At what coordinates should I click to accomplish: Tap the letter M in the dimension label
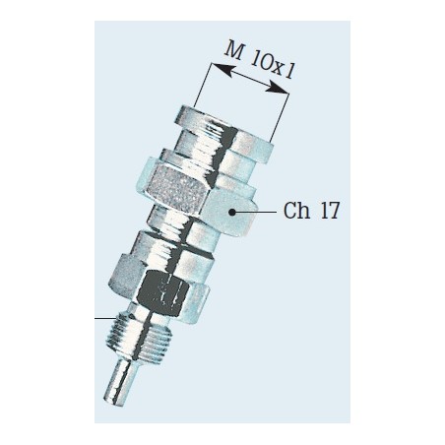tap(234, 51)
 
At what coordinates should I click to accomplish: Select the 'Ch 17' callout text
tap(311, 211)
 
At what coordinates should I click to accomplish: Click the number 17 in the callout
tap(330, 211)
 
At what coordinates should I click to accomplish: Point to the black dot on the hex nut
tap(232, 213)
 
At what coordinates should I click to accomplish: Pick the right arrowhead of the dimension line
tap(278, 89)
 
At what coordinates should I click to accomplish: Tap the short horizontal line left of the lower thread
tap(105, 318)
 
